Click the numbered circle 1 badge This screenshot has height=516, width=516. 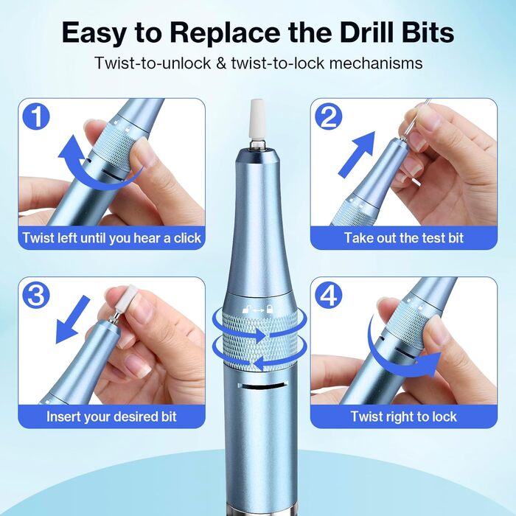coord(36,116)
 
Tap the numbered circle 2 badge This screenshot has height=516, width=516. coord(328,116)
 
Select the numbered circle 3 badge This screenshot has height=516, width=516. coord(36,295)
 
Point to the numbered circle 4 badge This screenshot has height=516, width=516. coord(328,295)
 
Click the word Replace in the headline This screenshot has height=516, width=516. coord(225,33)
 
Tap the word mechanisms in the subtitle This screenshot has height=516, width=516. coord(375,63)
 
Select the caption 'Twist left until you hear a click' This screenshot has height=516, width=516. coord(111,237)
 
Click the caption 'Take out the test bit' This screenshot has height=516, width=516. coord(404,237)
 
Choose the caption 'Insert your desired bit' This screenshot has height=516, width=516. coord(111,416)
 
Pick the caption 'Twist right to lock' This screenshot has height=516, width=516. coord(403,416)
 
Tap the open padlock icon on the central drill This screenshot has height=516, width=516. coord(245,310)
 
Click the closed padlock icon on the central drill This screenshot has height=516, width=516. coord(270,309)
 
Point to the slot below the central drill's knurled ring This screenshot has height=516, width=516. coord(262,386)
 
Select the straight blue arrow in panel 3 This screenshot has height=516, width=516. coord(71,320)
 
